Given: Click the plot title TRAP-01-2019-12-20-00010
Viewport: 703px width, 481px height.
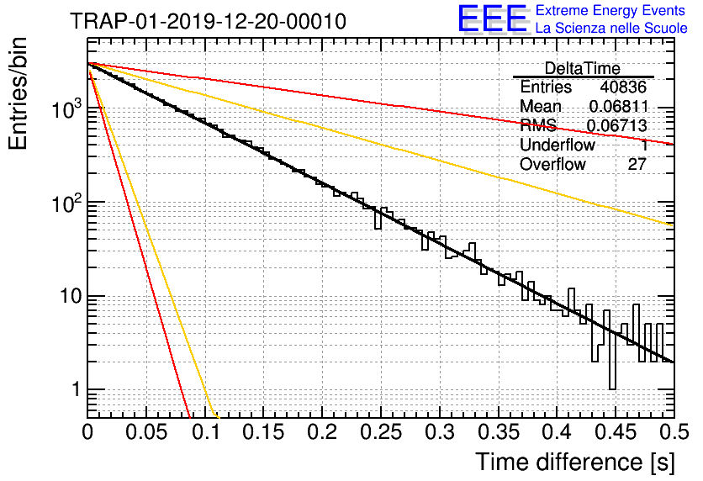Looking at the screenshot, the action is tap(208, 21).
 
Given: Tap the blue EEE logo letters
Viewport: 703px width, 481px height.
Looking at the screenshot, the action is tap(493, 18).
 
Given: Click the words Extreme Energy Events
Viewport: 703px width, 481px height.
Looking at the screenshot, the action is tap(610, 10).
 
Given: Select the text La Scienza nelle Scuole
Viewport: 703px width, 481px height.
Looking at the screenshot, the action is tap(611, 28).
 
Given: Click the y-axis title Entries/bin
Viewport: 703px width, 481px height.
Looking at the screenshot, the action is tap(18, 94).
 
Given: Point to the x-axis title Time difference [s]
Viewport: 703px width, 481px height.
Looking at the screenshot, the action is tap(575, 462).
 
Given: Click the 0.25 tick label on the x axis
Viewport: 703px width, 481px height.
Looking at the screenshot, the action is tap(381, 432).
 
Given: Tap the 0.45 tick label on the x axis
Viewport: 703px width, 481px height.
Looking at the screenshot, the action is tap(616, 432).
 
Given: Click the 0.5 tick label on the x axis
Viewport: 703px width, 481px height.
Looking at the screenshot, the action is tap(674, 432).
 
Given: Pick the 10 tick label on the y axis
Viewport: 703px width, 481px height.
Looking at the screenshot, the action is tap(71, 296).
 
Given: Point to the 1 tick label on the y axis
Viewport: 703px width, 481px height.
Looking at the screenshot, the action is tap(77, 389).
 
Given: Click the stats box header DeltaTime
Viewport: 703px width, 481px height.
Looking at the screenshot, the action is tap(583, 69).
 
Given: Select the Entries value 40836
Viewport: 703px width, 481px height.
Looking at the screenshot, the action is tap(623, 87).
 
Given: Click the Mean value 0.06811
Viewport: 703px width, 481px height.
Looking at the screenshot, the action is tap(619, 106).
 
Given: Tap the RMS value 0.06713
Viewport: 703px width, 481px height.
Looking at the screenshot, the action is tap(617, 126).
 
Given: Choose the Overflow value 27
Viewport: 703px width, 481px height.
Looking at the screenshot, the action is tap(637, 165).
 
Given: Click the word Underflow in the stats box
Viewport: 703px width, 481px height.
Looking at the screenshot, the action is tap(558, 145).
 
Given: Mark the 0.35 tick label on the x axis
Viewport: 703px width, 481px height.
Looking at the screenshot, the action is tap(499, 432).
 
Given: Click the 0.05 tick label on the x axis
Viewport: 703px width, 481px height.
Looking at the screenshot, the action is tap(146, 432).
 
